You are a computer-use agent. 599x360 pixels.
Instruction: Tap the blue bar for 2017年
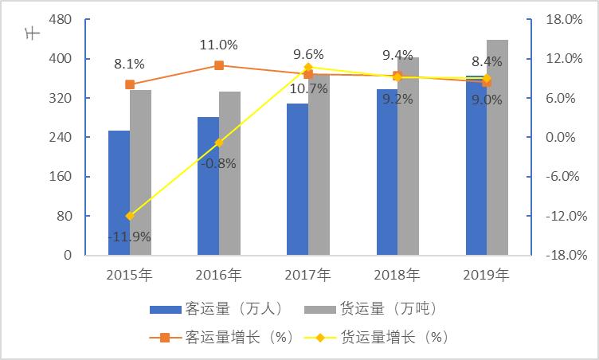point(297,179)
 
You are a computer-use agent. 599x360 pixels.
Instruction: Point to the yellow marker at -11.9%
point(130,216)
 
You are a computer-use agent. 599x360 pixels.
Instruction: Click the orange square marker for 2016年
point(219,65)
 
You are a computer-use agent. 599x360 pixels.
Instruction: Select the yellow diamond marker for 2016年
point(219,143)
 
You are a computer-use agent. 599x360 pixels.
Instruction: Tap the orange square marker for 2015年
point(130,84)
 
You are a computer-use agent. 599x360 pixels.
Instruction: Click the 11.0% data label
point(219,45)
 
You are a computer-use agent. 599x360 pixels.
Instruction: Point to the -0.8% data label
point(219,163)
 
